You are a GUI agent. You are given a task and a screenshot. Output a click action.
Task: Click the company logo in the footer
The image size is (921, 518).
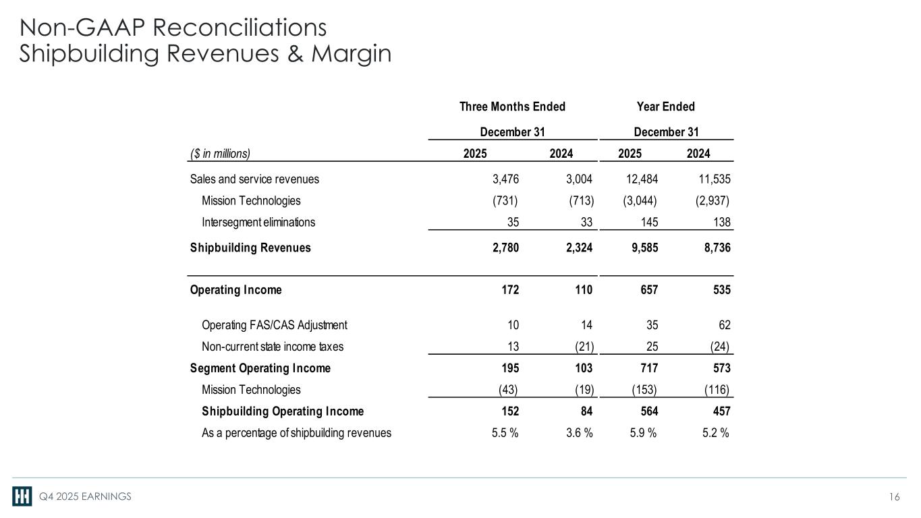point(22,496)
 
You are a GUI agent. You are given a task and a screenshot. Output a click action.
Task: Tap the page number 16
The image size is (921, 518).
point(895,497)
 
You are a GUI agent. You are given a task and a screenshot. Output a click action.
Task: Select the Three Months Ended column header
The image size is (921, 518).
point(512,107)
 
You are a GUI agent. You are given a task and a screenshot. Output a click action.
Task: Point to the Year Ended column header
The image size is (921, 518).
point(665,107)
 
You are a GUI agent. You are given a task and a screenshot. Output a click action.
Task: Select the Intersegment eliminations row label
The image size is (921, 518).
point(258,222)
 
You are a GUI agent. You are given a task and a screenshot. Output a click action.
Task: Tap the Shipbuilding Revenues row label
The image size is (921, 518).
point(250,248)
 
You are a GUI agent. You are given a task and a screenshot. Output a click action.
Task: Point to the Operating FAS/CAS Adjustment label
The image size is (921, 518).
point(275,325)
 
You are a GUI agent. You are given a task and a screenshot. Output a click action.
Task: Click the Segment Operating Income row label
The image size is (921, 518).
point(260,368)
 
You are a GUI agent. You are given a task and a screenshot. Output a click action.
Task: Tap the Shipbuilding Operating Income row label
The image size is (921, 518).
point(283,411)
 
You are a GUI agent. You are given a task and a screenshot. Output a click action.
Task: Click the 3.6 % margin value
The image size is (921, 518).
point(578,433)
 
